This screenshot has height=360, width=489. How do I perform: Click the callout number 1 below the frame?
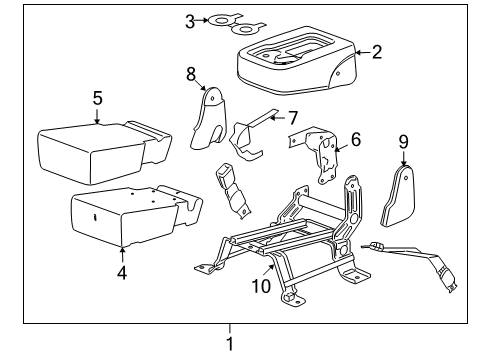230,343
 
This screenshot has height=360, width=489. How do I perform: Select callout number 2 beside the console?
377,52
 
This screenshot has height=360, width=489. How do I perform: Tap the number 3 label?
190,22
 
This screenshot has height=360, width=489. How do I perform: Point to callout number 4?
122,273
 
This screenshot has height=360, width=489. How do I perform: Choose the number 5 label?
97,98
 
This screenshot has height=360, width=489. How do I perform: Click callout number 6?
356,139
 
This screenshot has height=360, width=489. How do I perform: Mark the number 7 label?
293,118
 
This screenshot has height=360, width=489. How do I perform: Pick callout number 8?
191,74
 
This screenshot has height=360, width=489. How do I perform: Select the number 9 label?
403,142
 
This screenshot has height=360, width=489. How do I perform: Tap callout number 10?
261,286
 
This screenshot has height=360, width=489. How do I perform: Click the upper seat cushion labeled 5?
104,152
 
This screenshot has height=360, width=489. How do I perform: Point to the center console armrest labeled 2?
297,61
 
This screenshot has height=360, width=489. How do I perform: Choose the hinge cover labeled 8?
209,118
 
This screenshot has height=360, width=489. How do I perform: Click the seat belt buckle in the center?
233,190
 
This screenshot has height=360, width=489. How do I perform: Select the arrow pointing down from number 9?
404,158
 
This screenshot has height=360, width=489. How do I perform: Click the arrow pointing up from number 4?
122,255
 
